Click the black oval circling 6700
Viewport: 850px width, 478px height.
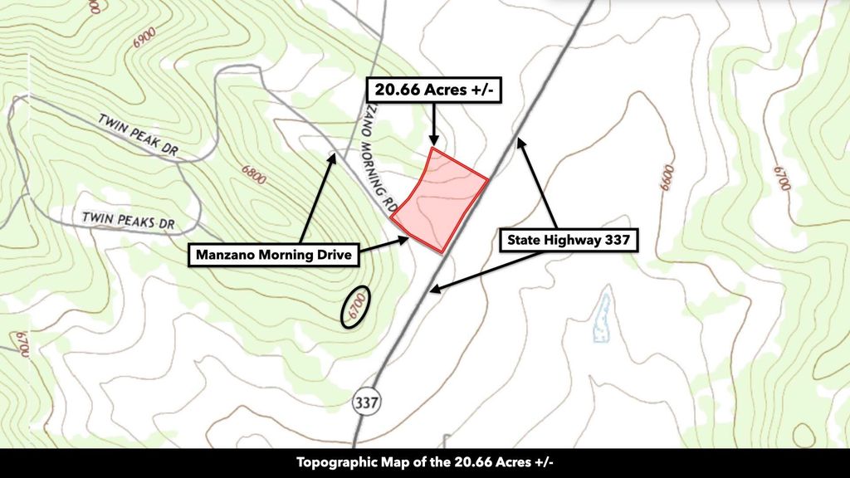(x=355, y=308)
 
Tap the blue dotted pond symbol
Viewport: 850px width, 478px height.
(x=600, y=318)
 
